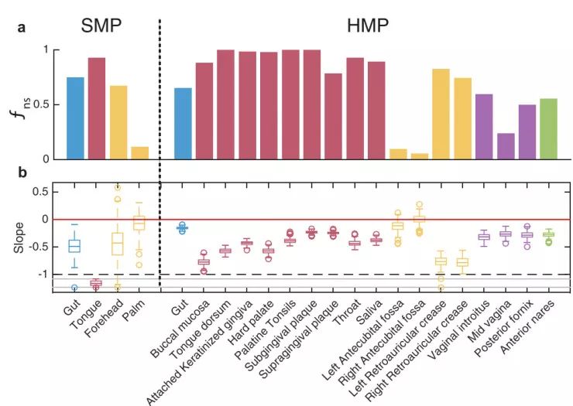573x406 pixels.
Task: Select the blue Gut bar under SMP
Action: click(75, 118)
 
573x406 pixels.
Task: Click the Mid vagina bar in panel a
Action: click(506, 146)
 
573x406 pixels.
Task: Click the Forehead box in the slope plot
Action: click(118, 243)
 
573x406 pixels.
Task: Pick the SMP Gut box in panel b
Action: click(74, 246)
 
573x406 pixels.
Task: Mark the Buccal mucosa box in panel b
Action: click(204, 263)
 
